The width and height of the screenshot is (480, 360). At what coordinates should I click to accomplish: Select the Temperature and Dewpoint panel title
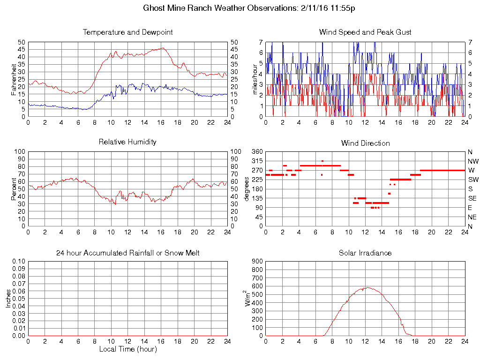pos(127,32)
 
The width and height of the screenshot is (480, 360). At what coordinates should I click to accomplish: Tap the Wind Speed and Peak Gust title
pos(365,32)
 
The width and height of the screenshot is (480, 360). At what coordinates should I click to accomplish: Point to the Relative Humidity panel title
pos(127,142)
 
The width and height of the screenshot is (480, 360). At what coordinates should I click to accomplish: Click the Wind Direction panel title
pos(365,143)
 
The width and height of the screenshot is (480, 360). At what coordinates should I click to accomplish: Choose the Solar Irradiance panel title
pos(365,253)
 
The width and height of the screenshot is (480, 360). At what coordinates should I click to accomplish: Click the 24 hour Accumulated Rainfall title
pos(127,253)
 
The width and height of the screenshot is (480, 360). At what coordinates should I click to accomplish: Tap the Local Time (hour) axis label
pos(127,349)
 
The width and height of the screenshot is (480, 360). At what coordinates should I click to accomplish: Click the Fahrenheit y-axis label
pos(14,79)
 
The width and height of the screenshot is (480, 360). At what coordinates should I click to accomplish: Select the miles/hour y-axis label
pos(256,79)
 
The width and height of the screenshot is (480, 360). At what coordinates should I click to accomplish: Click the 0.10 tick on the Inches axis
pos(19,261)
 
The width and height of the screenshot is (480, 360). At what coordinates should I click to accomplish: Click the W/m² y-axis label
pos(248,299)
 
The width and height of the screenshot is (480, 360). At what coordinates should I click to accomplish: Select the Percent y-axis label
pos(14,189)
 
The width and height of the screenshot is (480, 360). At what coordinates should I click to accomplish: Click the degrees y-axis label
pos(247,189)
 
